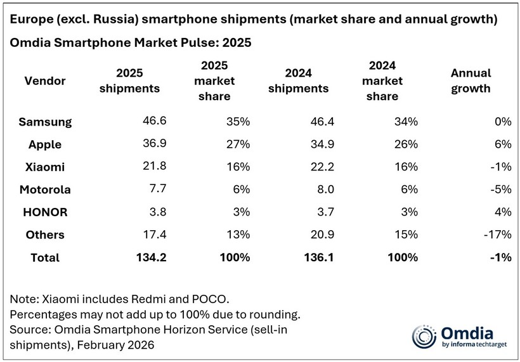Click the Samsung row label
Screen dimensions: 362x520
click(45, 121)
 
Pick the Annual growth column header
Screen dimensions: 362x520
click(471, 81)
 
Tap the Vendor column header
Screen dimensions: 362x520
click(44, 81)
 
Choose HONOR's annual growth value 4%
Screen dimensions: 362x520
click(503, 212)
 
